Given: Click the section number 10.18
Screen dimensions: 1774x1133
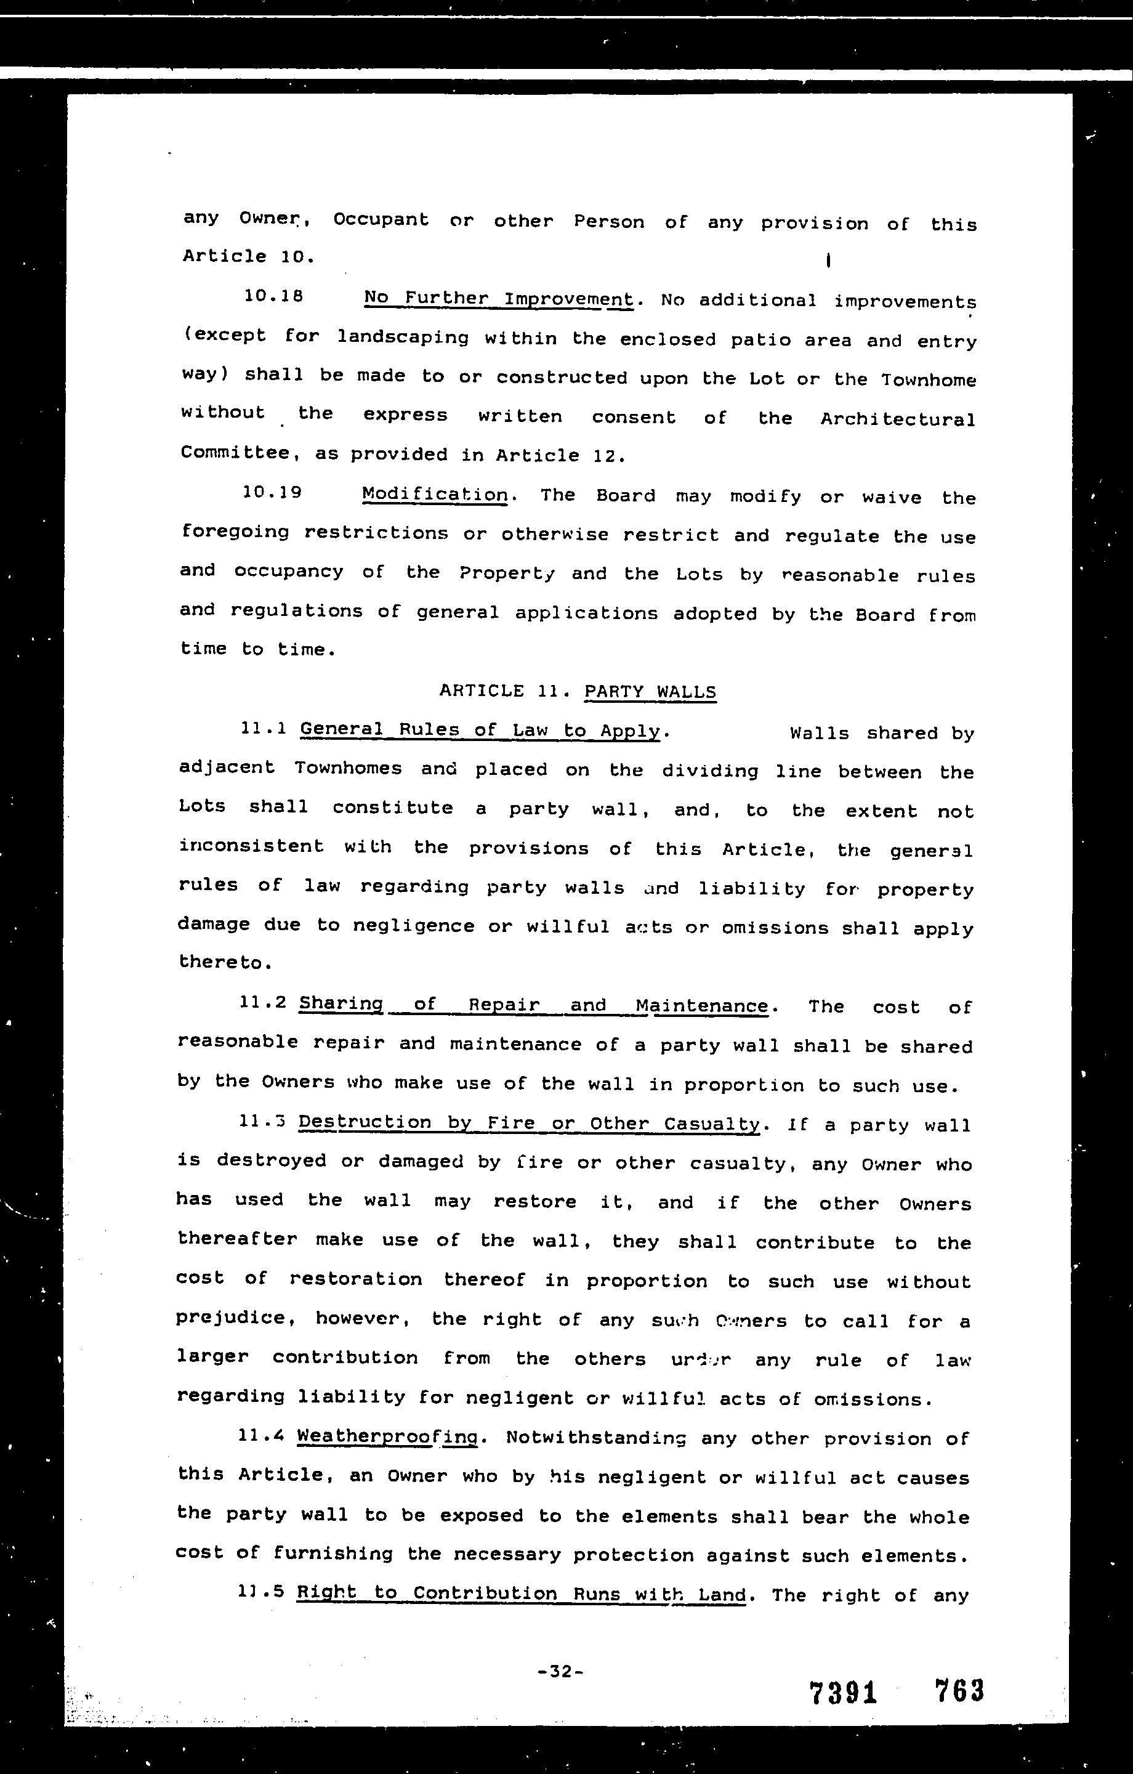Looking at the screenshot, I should [x=273, y=296].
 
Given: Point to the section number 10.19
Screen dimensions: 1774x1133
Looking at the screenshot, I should [x=272, y=492].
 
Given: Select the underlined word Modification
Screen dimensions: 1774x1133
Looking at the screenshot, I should [x=435, y=495].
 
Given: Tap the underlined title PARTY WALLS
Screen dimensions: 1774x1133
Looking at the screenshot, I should [x=650, y=692].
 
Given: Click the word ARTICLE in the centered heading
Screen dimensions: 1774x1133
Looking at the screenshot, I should [x=482, y=691].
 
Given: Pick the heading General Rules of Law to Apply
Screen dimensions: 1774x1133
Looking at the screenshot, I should [x=480, y=730].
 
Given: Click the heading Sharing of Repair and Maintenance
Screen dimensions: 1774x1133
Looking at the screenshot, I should [x=533, y=1005].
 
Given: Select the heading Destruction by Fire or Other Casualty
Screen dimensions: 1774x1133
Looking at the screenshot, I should [x=528, y=1123].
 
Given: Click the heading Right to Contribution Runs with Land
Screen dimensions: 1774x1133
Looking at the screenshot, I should [x=522, y=1594].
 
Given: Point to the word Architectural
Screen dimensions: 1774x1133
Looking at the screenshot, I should [x=898, y=419].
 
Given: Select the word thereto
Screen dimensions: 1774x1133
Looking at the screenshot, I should [x=220, y=962].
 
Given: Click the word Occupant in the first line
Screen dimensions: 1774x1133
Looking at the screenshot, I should [x=381, y=219].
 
